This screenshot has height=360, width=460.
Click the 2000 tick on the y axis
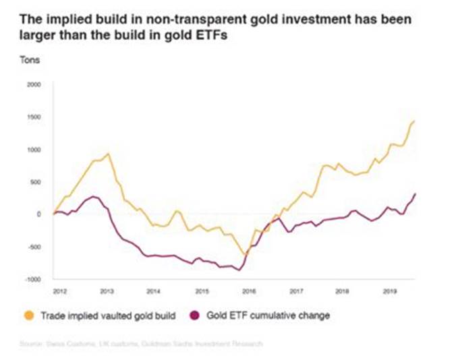(34, 84)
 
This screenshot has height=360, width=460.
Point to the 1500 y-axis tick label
(34, 117)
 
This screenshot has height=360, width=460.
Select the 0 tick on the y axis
(40, 214)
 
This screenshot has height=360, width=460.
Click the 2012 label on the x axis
(59, 291)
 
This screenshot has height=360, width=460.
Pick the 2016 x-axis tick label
(248, 291)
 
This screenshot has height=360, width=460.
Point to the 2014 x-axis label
(154, 291)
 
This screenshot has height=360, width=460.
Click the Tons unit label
(30, 60)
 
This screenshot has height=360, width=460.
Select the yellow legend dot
(29, 315)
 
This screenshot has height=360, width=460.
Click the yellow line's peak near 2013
(109, 154)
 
